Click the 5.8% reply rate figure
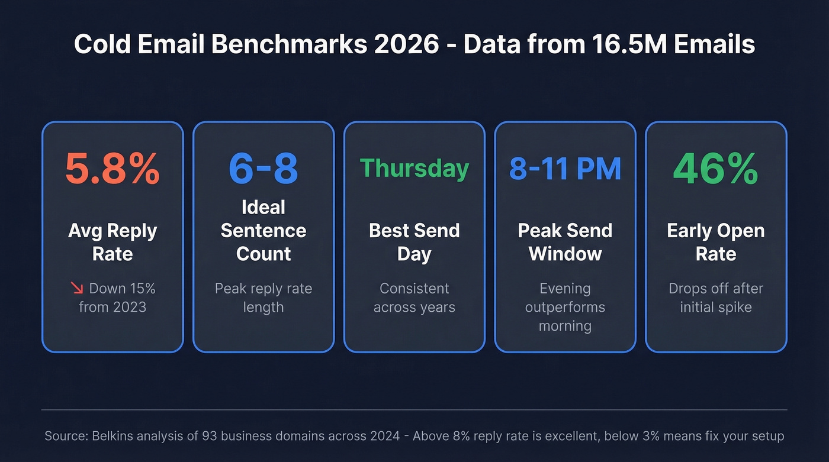coord(112,169)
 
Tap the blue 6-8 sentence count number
coord(264,169)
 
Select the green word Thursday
coord(414,169)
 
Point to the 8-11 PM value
coord(565,169)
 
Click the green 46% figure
coord(715,169)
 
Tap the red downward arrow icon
coord(77,288)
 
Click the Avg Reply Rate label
coord(112,242)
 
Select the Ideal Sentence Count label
coord(264,230)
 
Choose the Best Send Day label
coord(414,242)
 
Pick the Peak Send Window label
coord(565,242)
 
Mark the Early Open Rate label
coord(715,242)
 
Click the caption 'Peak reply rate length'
coord(264,298)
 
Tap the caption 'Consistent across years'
coord(414,298)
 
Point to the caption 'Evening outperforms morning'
coord(565,307)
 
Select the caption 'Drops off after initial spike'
coord(715,298)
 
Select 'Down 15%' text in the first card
coord(122,288)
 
